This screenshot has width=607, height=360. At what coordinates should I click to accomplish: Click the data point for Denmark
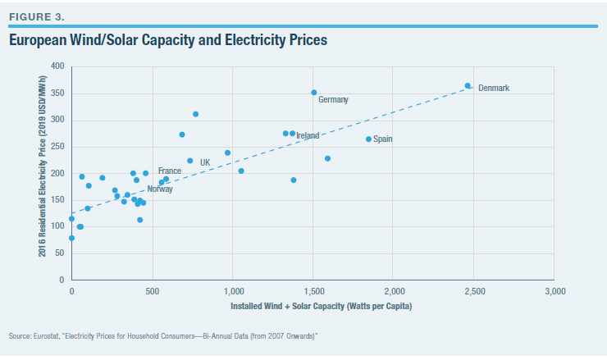pos(468,85)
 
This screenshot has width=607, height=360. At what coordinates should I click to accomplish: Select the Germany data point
pos(314,93)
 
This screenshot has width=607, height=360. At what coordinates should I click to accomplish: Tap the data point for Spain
pos(368,139)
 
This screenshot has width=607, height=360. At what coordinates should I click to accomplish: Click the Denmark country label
pos(494,88)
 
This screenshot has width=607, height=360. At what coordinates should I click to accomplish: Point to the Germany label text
pos(334,100)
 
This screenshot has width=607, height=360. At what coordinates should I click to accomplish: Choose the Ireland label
pos(308,135)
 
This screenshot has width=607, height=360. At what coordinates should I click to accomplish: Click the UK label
pos(205,162)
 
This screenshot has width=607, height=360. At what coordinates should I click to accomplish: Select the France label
pos(170,171)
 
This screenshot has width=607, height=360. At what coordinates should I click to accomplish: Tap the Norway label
pos(160,189)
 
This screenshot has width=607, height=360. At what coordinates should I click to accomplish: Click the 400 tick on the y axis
pos(57,66)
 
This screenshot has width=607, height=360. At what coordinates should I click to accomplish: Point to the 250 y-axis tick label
pos(57,147)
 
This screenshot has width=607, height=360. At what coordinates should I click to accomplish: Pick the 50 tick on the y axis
pos(60,254)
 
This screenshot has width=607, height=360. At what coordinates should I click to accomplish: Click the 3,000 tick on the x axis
pos(555,292)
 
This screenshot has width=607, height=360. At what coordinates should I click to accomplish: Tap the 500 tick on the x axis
pos(153,292)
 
